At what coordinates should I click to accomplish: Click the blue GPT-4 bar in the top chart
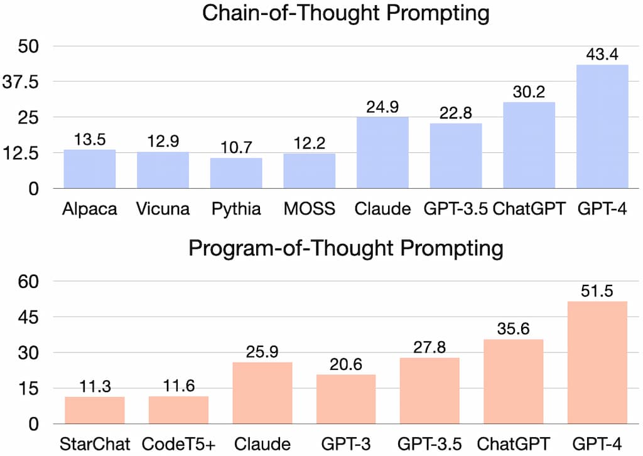point(602,126)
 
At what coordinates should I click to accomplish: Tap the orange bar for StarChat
point(95,410)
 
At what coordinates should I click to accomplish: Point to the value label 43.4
point(602,55)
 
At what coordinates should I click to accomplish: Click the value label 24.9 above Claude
point(382,107)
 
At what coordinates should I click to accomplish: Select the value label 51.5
point(597,291)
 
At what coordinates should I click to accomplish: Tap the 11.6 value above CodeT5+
point(178,386)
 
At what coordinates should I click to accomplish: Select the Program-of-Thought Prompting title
point(346,249)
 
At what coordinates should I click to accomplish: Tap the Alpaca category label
point(90,209)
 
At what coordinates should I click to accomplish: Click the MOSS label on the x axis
point(310,209)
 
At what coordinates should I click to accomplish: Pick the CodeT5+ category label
point(178,445)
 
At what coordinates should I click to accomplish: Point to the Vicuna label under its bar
point(163,209)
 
